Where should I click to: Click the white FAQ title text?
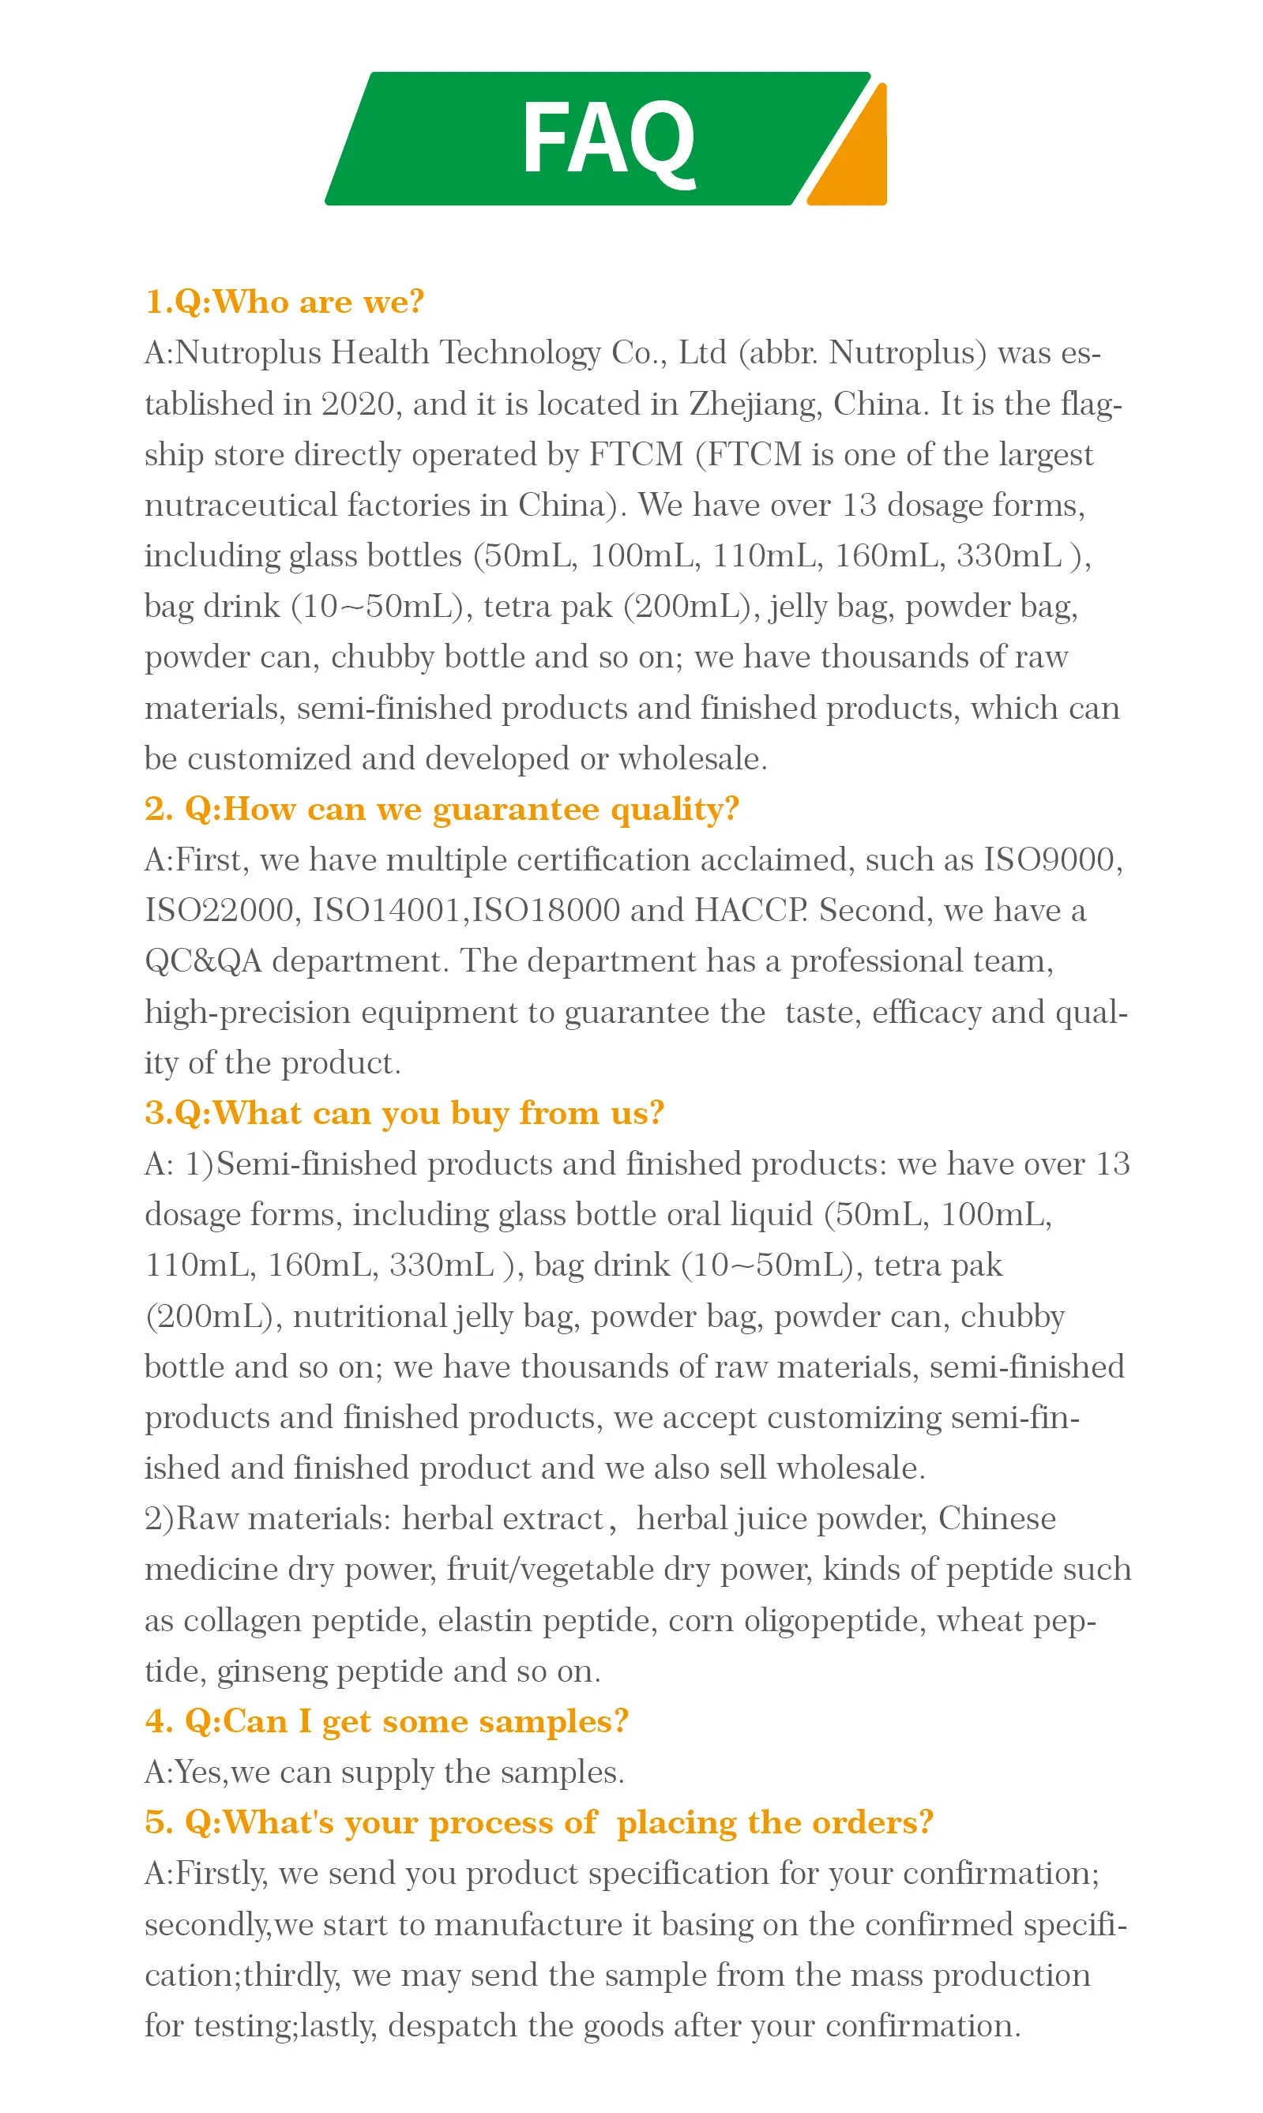pyautogui.click(x=607, y=138)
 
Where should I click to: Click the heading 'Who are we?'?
pyautogui.click(x=284, y=302)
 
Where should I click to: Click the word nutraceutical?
pyautogui.click(x=241, y=505)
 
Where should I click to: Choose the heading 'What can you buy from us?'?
pyautogui.click(x=404, y=1113)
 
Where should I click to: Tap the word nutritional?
pyautogui.click(x=370, y=1317)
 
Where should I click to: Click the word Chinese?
pyautogui.click(x=997, y=1519)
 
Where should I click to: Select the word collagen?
pyautogui.click(x=242, y=1621)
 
